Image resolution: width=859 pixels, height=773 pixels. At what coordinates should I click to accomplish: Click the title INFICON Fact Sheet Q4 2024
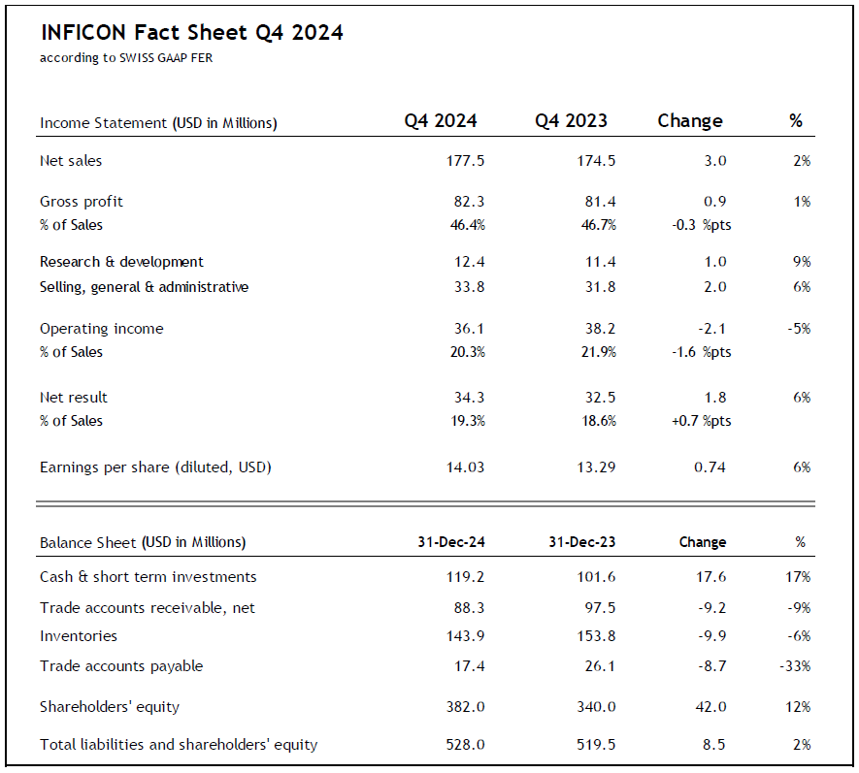click(191, 33)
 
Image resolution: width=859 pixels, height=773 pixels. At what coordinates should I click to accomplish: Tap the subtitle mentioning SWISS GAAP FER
click(126, 58)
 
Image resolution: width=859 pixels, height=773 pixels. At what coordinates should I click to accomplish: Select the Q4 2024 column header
click(441, 121)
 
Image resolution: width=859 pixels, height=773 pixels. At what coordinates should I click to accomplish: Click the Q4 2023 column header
click(571, 121)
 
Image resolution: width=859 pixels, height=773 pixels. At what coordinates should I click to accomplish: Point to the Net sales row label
click(71, 161)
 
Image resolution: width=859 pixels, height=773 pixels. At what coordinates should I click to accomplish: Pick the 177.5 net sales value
click(466, 161)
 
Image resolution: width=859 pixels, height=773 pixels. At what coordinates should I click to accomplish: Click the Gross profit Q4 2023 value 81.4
click(597, 202)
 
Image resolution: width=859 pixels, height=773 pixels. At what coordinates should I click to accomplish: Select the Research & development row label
click(121, 262)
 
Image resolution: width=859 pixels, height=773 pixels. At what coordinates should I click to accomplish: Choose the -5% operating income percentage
click(799, 329)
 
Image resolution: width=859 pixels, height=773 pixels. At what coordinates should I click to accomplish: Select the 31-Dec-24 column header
click(450, 542)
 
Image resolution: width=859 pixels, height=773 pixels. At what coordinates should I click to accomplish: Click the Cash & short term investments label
click(149, 577)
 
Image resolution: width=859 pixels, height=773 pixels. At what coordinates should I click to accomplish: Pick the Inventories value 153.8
click(595, 636)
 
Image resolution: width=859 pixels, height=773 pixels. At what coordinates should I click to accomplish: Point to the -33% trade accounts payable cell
click(795, 666)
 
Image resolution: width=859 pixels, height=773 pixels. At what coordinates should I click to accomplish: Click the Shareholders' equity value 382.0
click(465, 707)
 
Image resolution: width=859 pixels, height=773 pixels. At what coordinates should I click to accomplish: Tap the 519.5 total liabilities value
click(595, 745)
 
